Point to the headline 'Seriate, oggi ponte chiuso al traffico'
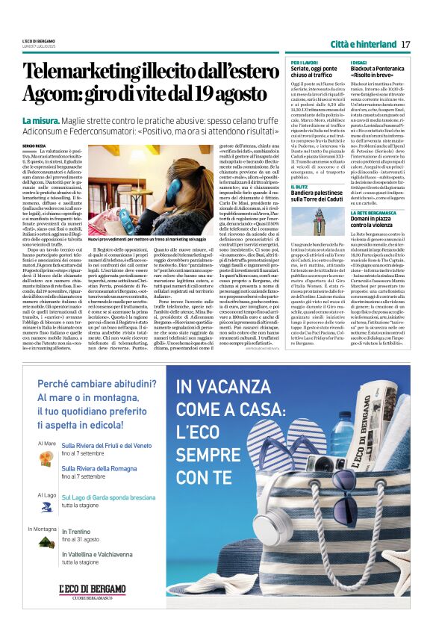click(314, 70)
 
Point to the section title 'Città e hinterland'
click(362, 43)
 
